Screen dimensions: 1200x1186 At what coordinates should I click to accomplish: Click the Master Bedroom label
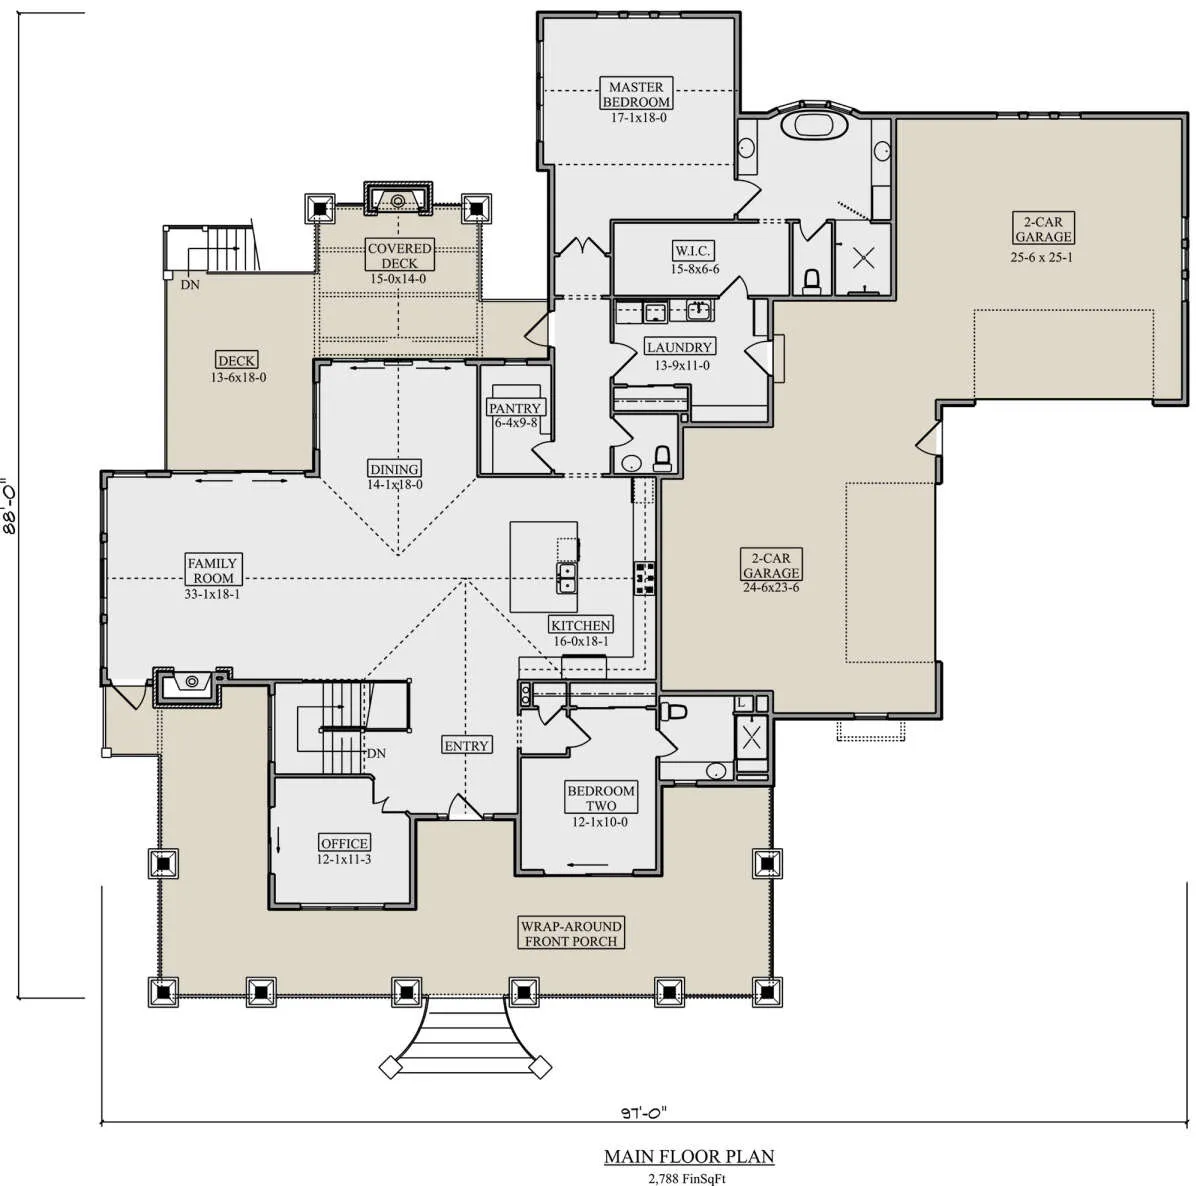[x=636, y=94]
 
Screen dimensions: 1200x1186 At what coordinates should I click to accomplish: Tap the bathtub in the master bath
[x=814, y=125]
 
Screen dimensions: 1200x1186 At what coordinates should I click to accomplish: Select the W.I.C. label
[x=692, y=251]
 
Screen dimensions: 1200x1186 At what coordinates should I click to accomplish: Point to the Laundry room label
[x=679, y=347]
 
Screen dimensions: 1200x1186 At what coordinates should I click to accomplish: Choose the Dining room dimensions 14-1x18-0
[x=395, y=485]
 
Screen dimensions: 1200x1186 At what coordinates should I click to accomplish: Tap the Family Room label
[x=212, y=570]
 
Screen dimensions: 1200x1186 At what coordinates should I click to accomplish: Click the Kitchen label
[x=580, y=625]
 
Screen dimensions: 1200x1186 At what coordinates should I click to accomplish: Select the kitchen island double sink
[x=566, y=579]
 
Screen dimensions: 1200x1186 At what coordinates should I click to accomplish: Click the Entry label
[x=466, y=746]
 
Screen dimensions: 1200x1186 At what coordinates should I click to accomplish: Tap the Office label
[x=344, y=843]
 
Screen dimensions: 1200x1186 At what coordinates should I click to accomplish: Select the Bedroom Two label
[x=601, y=798]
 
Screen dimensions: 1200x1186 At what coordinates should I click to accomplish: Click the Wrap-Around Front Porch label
[x=571, y=934]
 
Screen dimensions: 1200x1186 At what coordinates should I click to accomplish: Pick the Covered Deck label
[x=399, y=255]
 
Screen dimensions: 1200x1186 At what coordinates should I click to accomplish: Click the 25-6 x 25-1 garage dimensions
[x=1042, y=257]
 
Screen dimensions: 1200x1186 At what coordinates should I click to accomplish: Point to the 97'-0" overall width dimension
[x=643, y=1111]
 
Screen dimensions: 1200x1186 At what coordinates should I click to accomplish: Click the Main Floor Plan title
[x=689, y=1156]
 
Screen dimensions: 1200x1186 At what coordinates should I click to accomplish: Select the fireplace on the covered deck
[x=398, y=199]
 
